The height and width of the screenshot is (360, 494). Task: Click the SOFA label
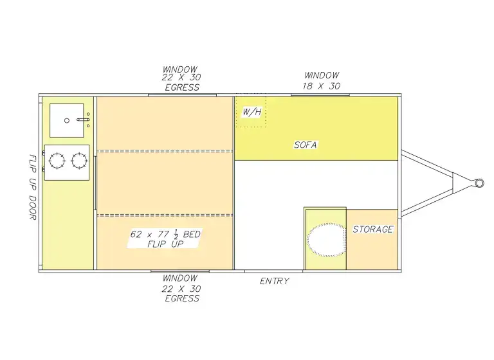[305, 145]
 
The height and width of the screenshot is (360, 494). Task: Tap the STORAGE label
[372, 229]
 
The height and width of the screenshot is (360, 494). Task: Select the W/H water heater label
[252, 113]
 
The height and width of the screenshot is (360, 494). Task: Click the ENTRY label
[274, 281]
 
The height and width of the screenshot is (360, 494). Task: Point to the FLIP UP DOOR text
[32, 187]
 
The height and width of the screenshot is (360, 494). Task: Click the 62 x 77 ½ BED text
[165, 235]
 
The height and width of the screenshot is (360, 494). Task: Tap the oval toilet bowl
[326, 240]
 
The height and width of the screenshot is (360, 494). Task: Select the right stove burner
[79, 158]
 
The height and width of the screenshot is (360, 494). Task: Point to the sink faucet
[84, 120]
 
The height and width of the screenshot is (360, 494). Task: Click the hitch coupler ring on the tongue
[479, 183]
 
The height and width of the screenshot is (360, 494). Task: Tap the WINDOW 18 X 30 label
[321, 80]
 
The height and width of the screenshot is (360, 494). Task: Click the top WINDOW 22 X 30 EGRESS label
[181, 78]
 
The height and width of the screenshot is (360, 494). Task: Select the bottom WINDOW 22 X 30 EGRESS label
[181, 288]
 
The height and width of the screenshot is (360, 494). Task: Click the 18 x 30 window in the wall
[320, 95]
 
